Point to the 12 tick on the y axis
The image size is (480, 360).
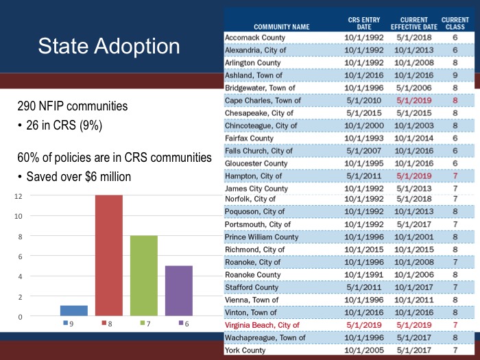(x=19, y=195)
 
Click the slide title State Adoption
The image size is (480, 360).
(x=109, y=47)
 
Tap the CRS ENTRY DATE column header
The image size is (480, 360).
(x=364, y=23)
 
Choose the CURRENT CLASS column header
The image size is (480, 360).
(x=455, y=23)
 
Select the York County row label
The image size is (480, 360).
(x=245, y=350)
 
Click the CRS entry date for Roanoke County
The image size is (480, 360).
(x=364, y=275)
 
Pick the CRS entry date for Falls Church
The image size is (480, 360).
(x=364, y=150)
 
